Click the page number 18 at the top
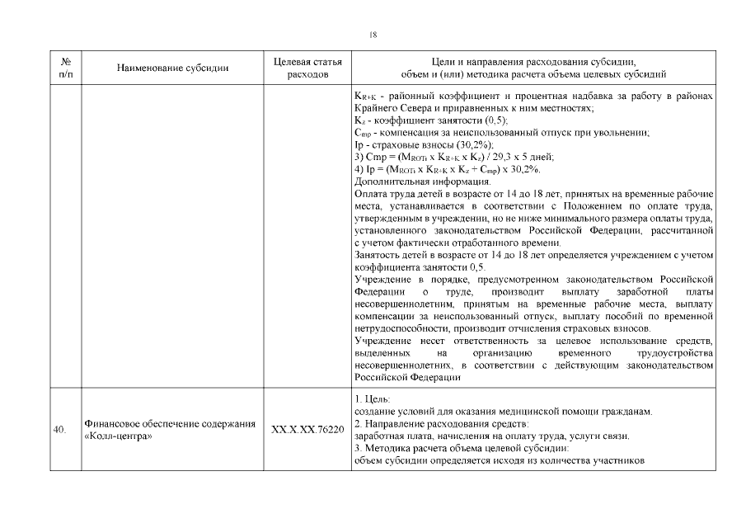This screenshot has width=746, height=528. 373,34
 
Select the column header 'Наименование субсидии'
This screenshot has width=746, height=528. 172,68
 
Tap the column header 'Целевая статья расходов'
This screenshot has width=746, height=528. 307,68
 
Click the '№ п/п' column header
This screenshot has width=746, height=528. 65,68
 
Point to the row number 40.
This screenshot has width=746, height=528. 59,430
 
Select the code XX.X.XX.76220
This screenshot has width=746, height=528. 307,430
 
